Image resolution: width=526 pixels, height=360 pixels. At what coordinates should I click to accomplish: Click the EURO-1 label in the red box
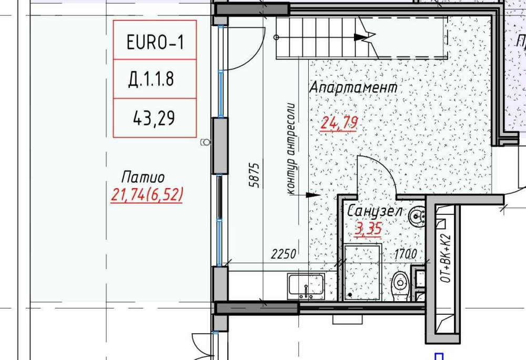pyautogui.click(x=155, y=42)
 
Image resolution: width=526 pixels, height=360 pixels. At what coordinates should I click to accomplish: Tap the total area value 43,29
pyautogui.click(x=154, y=119)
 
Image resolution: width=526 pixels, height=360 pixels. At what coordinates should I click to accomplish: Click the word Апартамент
pyautogui.click(x=353, y=88)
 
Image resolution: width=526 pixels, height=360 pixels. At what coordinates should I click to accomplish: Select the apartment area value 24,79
pyautogui.click(x=340, y=123)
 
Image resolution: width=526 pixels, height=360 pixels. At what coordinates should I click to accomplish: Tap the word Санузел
pyautogui.click(x=375, y=212)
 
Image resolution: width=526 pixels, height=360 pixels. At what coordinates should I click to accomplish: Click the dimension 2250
pyautogui.click(x=284, y=254)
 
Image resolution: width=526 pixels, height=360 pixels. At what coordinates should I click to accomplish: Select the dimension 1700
pyautogui.click(x=406, y=254)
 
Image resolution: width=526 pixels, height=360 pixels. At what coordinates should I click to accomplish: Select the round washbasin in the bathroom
pyautogui.click(x=419, y=215)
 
